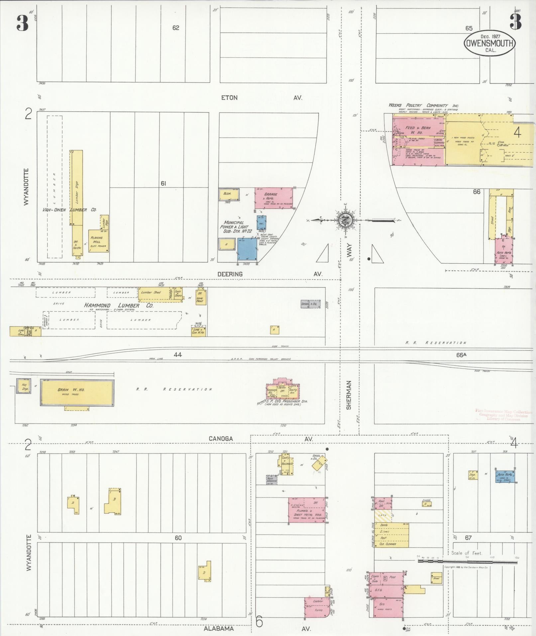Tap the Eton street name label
click(x=229, y=98)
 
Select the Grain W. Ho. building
click(x=77, y=393)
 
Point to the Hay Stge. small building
click(x=24, y=386)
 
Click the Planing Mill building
click(x=98, y=241)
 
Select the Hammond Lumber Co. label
click(x=119, y=305)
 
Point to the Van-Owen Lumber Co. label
click(x=69, y=210)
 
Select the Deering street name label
click(x=230, y=274)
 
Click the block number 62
click(x=175, y=28)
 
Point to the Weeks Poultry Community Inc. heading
click(x=424, y=105)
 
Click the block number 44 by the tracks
click(x=177, y=355)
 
